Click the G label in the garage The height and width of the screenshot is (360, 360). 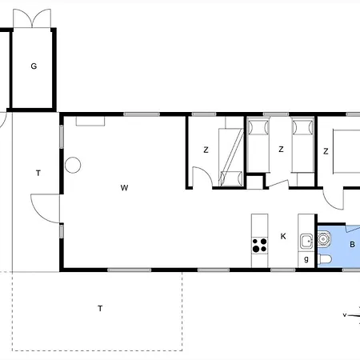tap(34, 66)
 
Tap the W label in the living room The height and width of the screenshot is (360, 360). tap(124, 188)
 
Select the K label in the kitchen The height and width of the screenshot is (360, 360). tap(283, 236)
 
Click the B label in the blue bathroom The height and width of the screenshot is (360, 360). tap(352, 244)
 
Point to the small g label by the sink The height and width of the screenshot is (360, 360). tap(306, 258)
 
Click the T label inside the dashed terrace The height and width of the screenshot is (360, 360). tap(100, 309)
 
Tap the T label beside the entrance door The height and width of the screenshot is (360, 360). tap(38, 174)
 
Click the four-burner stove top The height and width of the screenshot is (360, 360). tap(259, 246)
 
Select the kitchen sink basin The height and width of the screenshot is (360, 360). tap(306, 242)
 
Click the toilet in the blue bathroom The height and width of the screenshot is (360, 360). tap(325, 259)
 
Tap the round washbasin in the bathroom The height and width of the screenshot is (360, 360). tap(324, 238)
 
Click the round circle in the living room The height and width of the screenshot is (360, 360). tap(73, 166)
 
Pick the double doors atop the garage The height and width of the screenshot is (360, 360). tap(32, 18)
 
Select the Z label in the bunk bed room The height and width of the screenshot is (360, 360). tap(206, 150)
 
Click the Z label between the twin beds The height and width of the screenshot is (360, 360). tap(281, 150)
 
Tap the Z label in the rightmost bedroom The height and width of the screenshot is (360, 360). tap(326, 151)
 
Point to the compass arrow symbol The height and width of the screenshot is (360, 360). tap(351, 316)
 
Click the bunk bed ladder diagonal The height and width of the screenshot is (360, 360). tap(231, 158)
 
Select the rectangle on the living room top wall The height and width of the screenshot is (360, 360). tap(90, 121)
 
